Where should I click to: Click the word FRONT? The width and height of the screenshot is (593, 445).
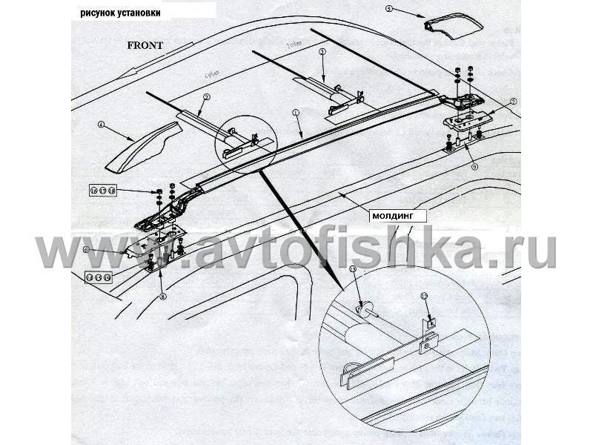point(145,44)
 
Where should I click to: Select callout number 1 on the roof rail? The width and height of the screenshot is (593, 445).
point(295,113)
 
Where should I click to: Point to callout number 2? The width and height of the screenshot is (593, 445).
point(207,97)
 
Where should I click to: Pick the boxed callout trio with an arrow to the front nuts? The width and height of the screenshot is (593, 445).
point(103,191)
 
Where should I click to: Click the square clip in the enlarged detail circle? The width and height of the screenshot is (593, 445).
point(431,325)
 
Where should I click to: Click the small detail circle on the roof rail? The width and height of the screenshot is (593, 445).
point(245,145)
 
